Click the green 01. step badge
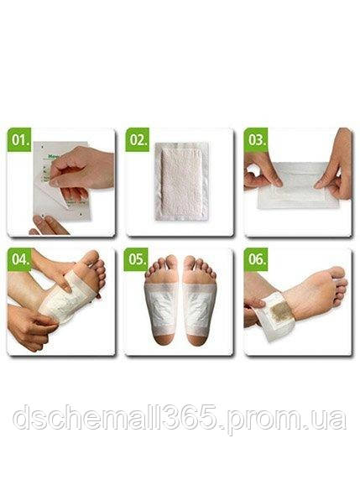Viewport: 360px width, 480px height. (x=21, y=140)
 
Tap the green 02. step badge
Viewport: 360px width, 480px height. (x=138, y=140)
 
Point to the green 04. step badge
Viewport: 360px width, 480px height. (x=21, y=259)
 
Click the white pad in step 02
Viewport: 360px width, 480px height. (x=180, y=182)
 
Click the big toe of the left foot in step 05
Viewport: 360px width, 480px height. (x=172, y=261)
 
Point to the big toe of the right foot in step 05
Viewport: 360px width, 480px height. (x=190, y=261)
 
